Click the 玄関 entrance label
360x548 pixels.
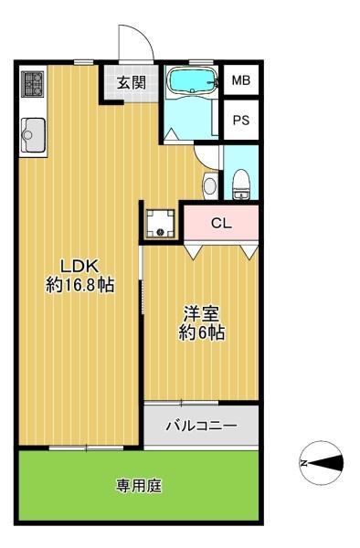tap(131, 83)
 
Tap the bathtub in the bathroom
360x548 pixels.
tap(193, 81)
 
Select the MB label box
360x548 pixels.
tap(241, 80)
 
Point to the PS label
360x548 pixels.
tap(241, 121)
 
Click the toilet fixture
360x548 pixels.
tap(241, 184)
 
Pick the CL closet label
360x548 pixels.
tap(221, 223)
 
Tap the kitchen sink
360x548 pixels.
tap(33, 135)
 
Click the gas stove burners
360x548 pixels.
tap(33, 84)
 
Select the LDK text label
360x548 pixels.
tap(80, 267)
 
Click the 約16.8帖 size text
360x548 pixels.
tap(80, 285)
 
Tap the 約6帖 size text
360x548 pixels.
tap(202, 332)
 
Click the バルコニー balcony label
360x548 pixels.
tap(201, 426)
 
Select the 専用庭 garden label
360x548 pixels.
tap(139, 486)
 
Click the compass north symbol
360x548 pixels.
tap(322, 463)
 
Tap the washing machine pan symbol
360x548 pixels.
tap(161, 224)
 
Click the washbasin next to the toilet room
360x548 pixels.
tap(210, 185)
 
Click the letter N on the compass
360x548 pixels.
tap(304, 463)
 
